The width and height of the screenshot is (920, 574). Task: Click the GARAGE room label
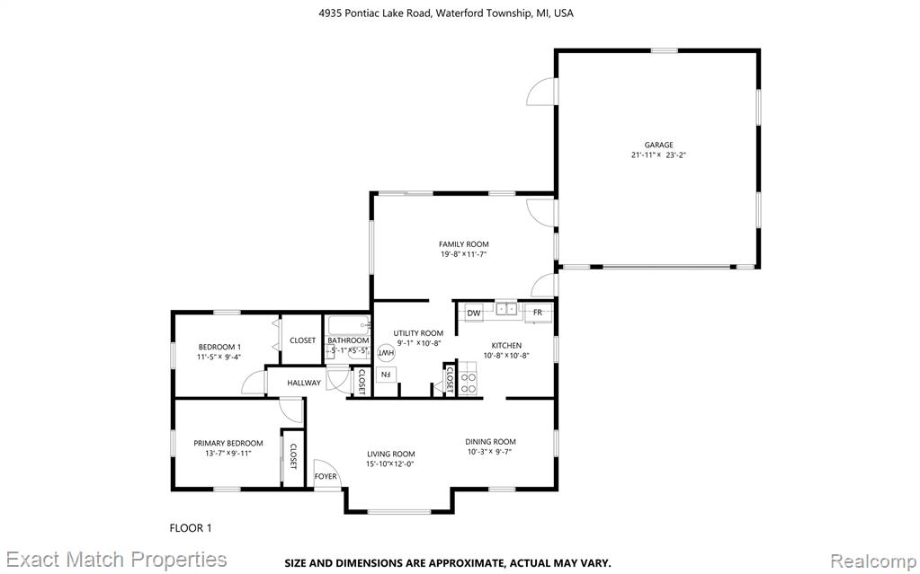tap(658, 145)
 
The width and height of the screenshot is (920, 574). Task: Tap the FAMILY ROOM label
tap(463, 244)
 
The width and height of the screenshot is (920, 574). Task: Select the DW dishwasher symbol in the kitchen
tap(474, 313)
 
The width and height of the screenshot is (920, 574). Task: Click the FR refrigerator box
tap(538, 313)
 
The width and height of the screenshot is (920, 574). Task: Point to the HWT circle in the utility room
tap(386, 352)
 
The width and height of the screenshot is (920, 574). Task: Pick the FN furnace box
tap(386, 374)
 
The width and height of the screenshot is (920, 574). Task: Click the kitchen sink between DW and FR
tap(506, 309)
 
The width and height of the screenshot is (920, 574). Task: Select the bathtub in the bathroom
tap(349, 325)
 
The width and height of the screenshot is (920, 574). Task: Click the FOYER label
tap(326, 476)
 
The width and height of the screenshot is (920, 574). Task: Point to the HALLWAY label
tap(304, 383)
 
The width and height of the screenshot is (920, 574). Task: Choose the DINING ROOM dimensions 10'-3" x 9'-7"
tap(490, 452)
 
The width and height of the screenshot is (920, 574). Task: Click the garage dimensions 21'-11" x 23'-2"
tap(658, 155)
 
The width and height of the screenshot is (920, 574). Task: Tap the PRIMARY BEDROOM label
tap(228, 443)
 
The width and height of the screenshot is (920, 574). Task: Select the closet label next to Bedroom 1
tap(303, 340)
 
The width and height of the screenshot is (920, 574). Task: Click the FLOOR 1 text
tap(191, 528)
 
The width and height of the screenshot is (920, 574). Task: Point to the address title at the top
tap(446, 13)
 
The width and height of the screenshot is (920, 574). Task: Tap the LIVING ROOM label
tap(391, 454)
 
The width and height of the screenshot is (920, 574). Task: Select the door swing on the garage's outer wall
tap(541, 92)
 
